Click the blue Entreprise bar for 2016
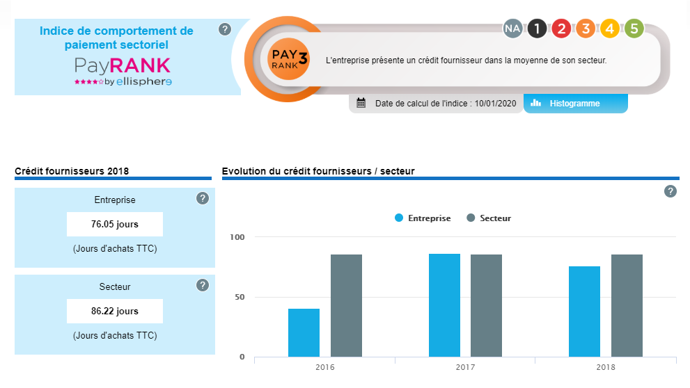coord(304,332)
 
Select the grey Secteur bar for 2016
coord(346,305)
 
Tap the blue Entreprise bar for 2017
coord(444,305)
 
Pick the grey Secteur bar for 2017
coord(486,305)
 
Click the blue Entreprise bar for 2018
coord(584,311)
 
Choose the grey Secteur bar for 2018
coord(627,305)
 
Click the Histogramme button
coord(575,104)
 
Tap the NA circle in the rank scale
coord(513,29)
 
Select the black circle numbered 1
coord(537,29)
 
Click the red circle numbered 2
coord(561,29)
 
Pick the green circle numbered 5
coord(634,29)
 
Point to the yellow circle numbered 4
coord(609,29)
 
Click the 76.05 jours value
coord(115,224)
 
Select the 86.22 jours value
coord(115,311)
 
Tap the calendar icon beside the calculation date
coord(361,104)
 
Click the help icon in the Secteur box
coord(203,285)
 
